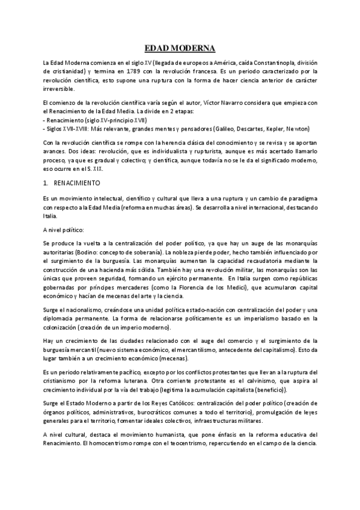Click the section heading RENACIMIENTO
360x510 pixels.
click(77, 182)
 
